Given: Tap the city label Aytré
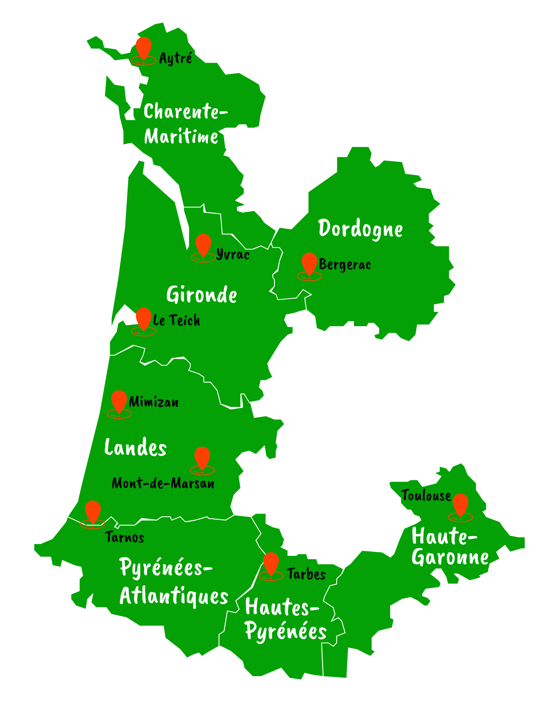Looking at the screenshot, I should pyautogui.click(x=176, y=59).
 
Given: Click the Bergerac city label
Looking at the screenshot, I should pyautogui.click(x=345, y=265).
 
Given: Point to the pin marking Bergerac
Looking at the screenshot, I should pyautogui.click(x=310, y=264).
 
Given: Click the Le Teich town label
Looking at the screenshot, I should pyautogui.click(x=176, y=321).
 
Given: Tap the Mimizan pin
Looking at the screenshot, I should pyautogui.click(x=119, y=401).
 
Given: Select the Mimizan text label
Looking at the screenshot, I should pyautogui.click(x=154, y=402).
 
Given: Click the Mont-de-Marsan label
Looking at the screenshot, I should pyautogui.click(x=163, y=483).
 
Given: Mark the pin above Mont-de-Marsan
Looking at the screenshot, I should pyautogui.click(x=202, y=458).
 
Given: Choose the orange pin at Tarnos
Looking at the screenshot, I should pyautogui.click(x=93, y=512).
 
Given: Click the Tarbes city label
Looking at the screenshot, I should pyautogui.click(x=306, y=574).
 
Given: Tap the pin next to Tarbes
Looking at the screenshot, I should pyautogui.click(x=271, y=564).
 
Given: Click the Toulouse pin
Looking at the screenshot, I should pyautogui.click(x=461, y=505).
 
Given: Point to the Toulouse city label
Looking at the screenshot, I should pyautogui.click(x=426, y=496).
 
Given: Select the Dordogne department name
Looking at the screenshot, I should pyautogui.click(x=360, y=229).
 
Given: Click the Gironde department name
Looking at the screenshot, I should pyautogui.click(x=201, y=295).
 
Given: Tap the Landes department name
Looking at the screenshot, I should pyautogui.click(x=135, y=448).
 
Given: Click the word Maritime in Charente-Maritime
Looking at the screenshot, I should pyautogui.click(x=181, y=136).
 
